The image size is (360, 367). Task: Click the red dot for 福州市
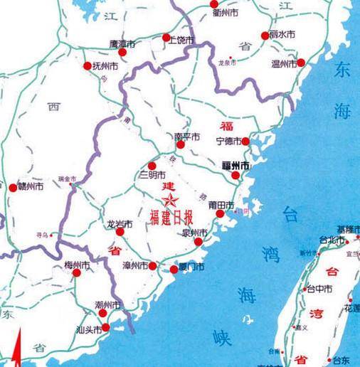click(x=235, y=175)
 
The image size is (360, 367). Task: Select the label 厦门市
click(x=191, y=267)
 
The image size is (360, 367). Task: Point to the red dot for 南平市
click(x=181, y=144)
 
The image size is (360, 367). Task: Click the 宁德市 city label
click(x=229, y=141)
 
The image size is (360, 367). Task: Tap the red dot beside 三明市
click(x=152, y=166)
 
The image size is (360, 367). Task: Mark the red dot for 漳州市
click(x=153, y=266)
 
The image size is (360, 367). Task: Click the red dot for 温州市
click(x=301, y=63)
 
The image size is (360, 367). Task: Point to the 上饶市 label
click(x=180, y=40)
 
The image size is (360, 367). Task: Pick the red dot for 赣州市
click(x=12, y=188)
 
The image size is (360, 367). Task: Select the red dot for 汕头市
click(x=106, y=327)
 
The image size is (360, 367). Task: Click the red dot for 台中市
click(x=303, y=289)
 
